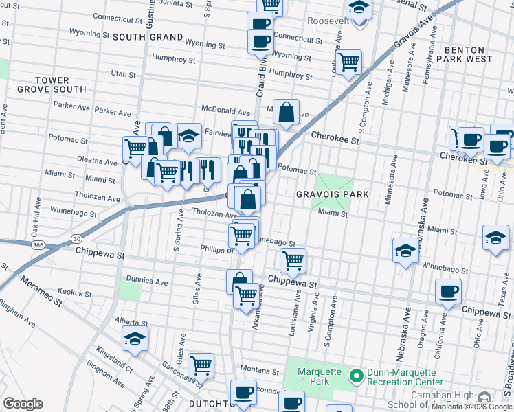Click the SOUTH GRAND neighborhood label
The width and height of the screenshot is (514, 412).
[x=148, y=37]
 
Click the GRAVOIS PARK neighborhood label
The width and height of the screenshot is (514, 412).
[x=333, y=194]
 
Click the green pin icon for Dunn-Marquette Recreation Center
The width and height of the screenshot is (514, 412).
[x=356, y=376]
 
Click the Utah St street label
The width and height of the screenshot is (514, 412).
[x=124, y=73]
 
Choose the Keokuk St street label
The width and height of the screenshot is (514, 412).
[x=75, y=293]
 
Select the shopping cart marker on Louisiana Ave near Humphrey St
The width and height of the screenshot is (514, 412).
[x=349, y=62]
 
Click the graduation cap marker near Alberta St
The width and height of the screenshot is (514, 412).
[x=135, y=338]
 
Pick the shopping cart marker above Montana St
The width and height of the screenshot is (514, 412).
[x=201, y=364]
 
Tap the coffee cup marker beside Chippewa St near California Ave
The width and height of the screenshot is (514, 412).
[x=448, y=290]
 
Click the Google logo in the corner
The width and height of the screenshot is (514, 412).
[x=23, y=404]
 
